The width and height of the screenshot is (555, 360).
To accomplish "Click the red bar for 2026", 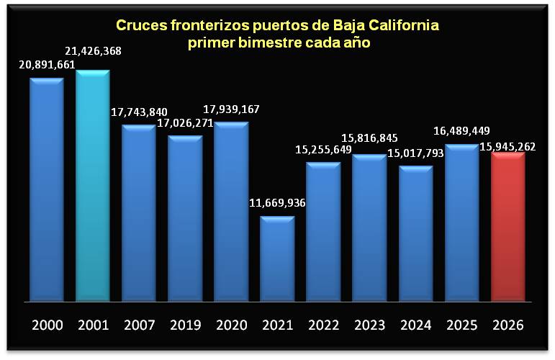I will coord(508,227).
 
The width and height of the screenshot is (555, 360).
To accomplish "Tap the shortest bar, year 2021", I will coord(277,259).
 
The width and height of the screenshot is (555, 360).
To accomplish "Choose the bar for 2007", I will coord(139,213).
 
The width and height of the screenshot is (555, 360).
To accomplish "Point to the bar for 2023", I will coord(369,228).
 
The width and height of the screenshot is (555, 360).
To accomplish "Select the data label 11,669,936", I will coord(276,203).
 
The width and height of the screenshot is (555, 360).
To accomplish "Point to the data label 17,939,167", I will coord(230,109).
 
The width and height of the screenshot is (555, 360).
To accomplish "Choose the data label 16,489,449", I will coord(461,131).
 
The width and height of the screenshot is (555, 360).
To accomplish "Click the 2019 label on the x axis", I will coord(185,325).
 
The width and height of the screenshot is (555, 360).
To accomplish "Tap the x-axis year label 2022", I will coord(323,325).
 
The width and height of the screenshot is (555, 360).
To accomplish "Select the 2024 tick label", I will coord(415,325).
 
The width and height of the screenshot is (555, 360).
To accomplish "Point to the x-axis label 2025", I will coord(461,325).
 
